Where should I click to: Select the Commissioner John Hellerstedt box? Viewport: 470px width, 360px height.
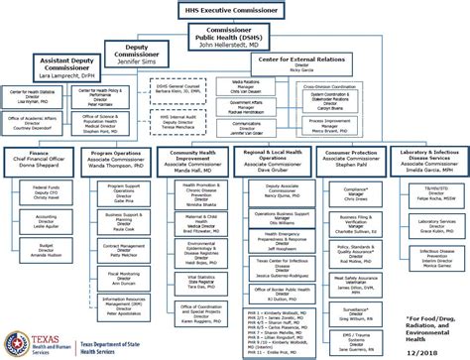(235, 37)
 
